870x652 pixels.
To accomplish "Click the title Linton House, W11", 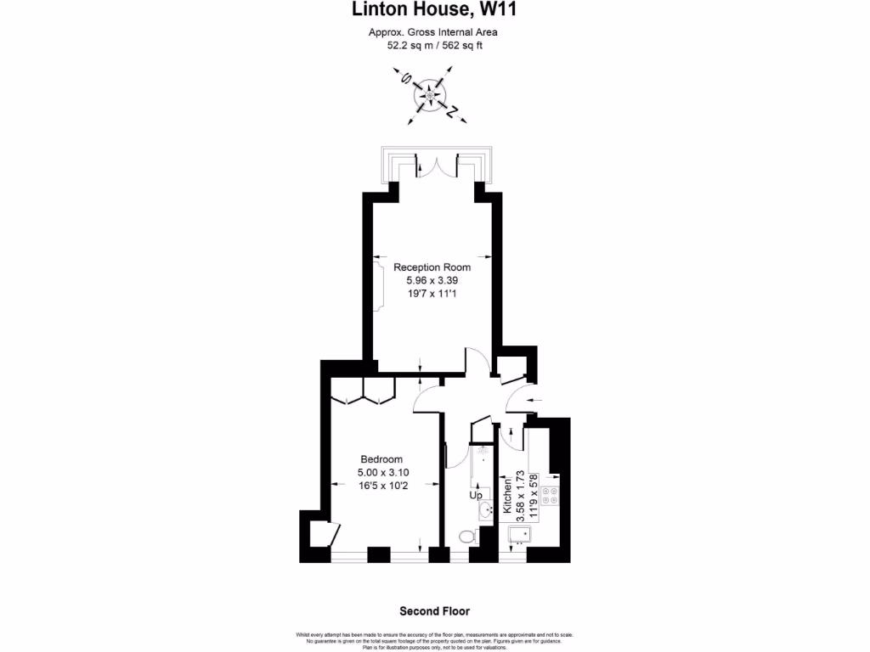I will coord(434,10).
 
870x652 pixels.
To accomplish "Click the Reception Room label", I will coord(432,267).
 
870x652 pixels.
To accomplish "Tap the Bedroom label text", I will coord(381,459).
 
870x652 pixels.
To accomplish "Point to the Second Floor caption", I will coord(434,610).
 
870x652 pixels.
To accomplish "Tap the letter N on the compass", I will coord(454,111).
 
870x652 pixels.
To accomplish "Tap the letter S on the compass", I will coord(407,81).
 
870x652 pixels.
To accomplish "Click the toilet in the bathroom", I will coord(466,537).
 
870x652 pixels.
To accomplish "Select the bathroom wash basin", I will coord(484,510).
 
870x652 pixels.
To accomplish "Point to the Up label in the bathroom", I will coord(476,495).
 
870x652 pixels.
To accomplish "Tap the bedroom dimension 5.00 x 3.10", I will coord(381,472).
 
